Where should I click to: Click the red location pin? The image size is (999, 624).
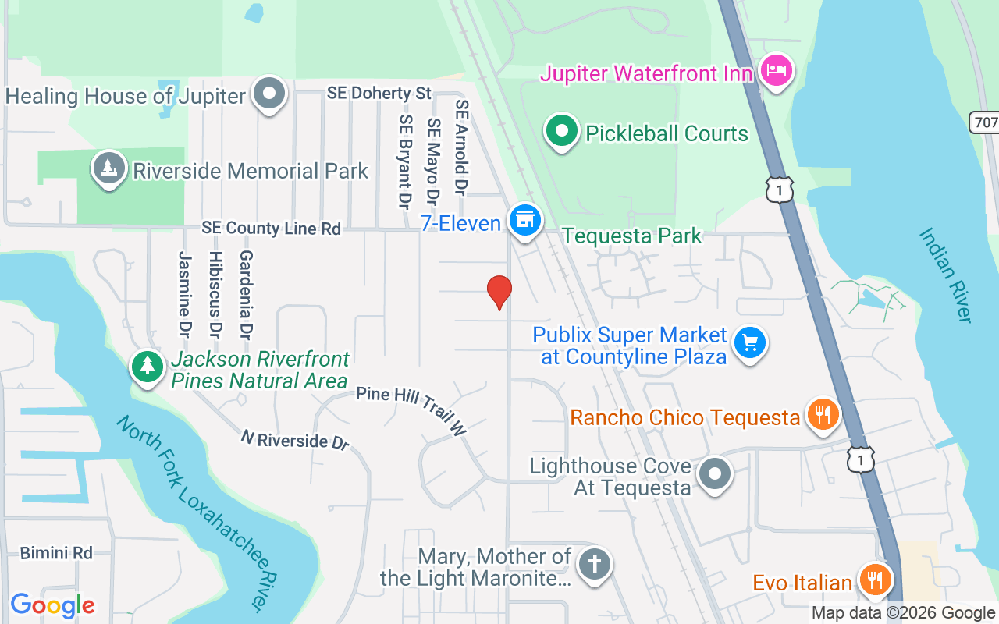pos(499,292)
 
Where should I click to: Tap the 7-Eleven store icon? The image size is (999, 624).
pos(524,221)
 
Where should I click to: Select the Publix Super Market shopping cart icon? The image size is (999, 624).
pos(750,342)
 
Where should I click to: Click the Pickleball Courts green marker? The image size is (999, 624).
pos(560,130)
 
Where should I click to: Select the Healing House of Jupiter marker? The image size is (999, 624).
pos(270,94)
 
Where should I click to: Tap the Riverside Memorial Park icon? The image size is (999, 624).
pos(109,168)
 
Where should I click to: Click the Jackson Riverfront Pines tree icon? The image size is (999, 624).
pos(147,367)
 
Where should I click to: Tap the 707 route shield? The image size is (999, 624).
pos(985,122)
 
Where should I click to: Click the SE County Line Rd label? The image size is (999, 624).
pos(271,229)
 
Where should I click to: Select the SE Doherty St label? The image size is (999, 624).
pos(379,93)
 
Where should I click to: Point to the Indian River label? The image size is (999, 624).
pos(946,275)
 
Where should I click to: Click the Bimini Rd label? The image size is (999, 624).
pos(56,553)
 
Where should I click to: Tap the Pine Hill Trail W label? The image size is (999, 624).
pos(411,409)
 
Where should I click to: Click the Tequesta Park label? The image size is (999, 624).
pos(631,236)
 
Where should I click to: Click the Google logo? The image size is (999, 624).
pos(52,605)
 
